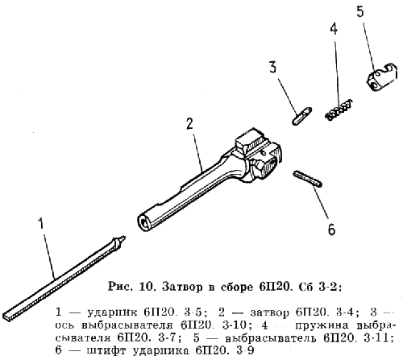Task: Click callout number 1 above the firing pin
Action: coord(41,223)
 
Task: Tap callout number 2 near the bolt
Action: coord(189,124)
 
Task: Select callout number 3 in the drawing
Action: coord(272,67)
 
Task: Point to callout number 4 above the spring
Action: coord(334,28)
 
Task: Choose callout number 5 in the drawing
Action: coord(360,11)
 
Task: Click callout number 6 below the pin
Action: coord(332,230)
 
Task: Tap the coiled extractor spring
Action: coord(339,110)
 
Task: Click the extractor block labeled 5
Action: coord(381,77)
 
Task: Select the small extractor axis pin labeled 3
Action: coord(302,115)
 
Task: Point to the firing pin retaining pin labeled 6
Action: coord(308,179)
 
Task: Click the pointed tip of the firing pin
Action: coord(124,237)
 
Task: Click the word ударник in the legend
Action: coord(113,312)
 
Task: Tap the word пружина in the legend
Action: coord(322,325)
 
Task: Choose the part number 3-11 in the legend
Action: coord(379,338)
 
